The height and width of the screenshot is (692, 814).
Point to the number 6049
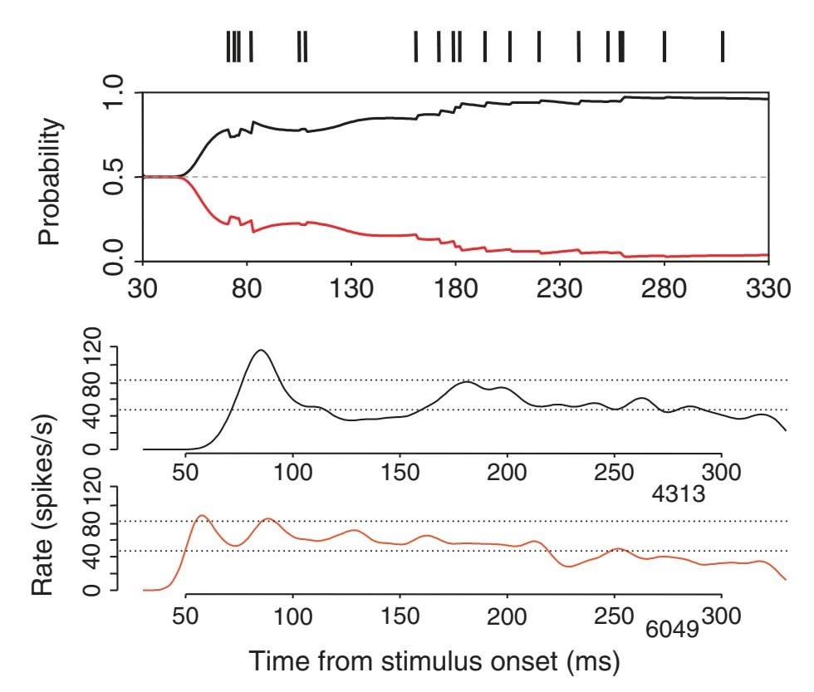tap(673, 636)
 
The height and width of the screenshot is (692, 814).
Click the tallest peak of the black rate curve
tap(262, 351)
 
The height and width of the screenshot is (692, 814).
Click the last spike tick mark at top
tap(723, 47)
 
